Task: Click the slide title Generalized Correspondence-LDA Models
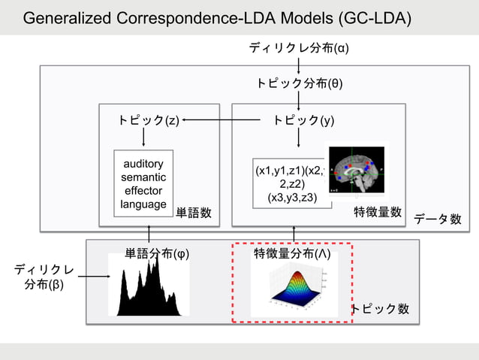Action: coord(217,18)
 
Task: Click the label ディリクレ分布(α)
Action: coord(299,49)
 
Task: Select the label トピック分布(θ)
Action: coord(299,83)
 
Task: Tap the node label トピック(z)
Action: coord(148,119)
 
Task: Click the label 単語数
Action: coord(194,213)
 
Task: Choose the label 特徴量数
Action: coord(378,213)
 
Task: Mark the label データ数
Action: coord(438,219)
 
